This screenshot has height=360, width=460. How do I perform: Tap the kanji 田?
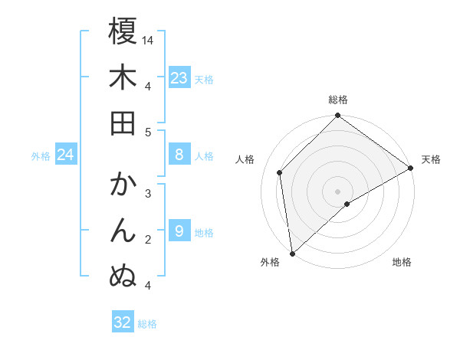[x=123, y=123]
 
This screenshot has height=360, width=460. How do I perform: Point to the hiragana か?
[x=123, y=185]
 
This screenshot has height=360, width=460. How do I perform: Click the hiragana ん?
[x=123, y=231]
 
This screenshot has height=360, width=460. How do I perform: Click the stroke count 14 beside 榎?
[x=149, y=40]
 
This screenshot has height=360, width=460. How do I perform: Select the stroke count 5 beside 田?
[x=148, y=132]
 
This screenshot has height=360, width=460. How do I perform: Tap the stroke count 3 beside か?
[x=148, y=194]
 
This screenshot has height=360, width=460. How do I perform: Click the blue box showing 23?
[x=179, y=78]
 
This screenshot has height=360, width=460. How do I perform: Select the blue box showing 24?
[x=65, y=155]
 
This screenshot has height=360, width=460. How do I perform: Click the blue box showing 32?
[x=123, y=322]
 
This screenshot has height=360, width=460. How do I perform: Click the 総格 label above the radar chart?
[x=338, y=100]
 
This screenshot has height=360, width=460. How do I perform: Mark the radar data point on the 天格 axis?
[x=411, y=169]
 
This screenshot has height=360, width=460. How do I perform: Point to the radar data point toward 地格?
[x=347, y=204]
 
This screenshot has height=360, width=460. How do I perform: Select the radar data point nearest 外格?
[x=292, y=253]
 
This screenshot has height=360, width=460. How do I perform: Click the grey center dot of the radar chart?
[x=338, y=191]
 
